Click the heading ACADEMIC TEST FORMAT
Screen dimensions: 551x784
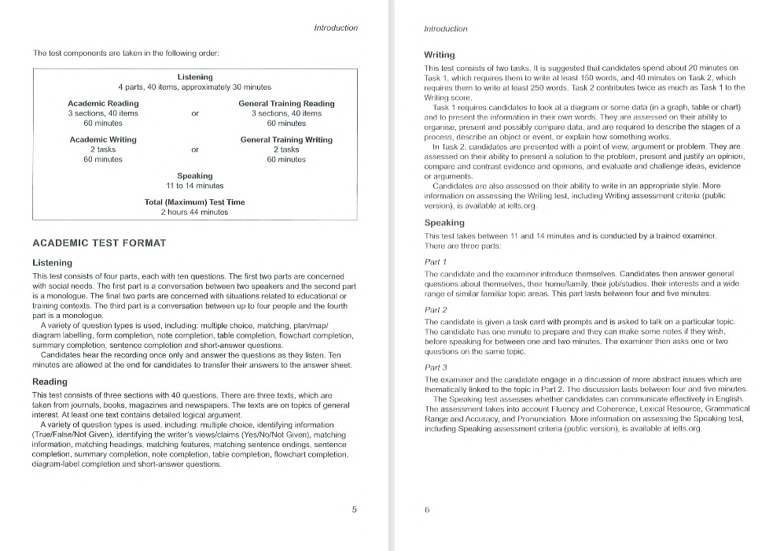click(x=99, y=243)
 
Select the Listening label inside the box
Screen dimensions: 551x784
click(x=195, y=77)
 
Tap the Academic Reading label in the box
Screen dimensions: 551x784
click(x=103, y=103)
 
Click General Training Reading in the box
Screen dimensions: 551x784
click(x=286, y=103)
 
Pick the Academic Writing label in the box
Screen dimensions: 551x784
click(x=103, y=139)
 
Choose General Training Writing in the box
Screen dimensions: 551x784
click(x=286, y=139)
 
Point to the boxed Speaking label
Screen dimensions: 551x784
click(x=195, y=176)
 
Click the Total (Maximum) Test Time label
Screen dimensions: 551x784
click(x=195, y=202)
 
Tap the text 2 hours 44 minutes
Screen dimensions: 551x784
click(x=195, y=212)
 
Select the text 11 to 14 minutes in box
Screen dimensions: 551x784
click(x=195, y=186)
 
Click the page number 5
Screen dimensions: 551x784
click(x=354, y=509)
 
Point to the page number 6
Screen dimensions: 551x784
click(x=427, y=509)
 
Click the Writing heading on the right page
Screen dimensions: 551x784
click(x=440, y=55)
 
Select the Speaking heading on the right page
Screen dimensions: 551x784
click(x=444, y=223)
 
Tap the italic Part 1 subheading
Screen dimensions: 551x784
click(x=435, y=261)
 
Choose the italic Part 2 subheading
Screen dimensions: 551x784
click(x=436, y=310)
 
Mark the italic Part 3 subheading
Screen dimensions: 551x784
click(x=436, y=368)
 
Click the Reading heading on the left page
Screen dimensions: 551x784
click(x=50, y=382)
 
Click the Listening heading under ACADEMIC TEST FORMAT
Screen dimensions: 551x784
click(x=52, y=263)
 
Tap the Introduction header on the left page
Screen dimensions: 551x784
click(x=336, y=28)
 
